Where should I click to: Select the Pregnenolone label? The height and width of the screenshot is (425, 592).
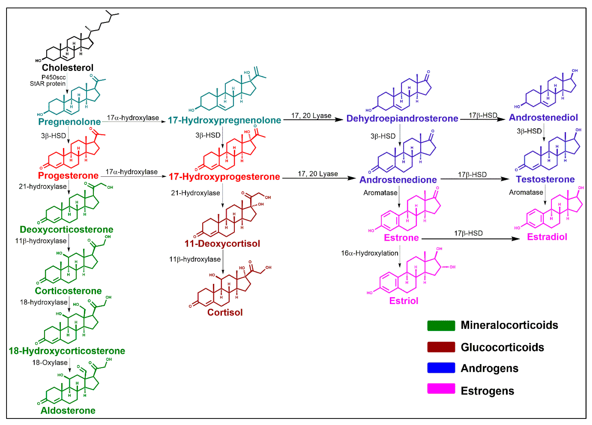pyautogui.click(x=69, y=122)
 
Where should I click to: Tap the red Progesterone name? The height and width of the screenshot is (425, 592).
pyautogui.click(x=68, y=175)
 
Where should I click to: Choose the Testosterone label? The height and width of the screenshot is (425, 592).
pyautogui.click(x=545, y=179)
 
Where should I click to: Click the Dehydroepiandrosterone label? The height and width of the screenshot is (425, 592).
pyautogui.click(x=402, y=118)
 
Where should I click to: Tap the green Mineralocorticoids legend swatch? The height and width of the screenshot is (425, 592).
pyautogui.click(x=441, y=326)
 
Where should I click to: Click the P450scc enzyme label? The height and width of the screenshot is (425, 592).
pyautogui.click(x=54, y=77)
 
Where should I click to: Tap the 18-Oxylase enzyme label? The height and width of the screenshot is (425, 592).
pyautogui.click(x=50, y=363)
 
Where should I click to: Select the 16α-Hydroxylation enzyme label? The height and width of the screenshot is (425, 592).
pyautogui.click(x=370, y=253)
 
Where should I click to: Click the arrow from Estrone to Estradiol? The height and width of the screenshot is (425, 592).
pyautogui.click(x=470, y=239)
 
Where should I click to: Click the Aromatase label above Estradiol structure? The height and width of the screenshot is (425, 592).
pyautogui.click(x=526, y=192)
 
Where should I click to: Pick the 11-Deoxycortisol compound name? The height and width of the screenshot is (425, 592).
pyautogui.click(x=222, y=244)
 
